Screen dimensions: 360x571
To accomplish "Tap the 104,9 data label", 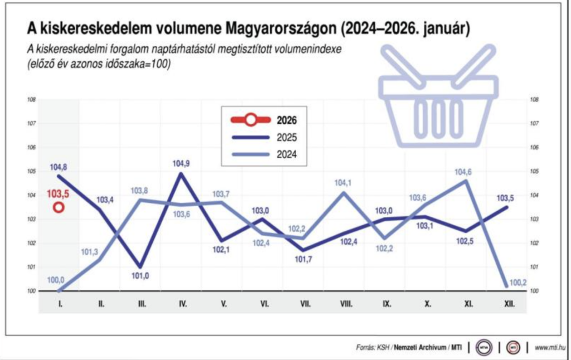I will tap(182, 164).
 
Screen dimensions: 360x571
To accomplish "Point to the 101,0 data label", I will tap(140, 275).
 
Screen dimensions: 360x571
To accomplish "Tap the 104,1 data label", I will tap(343, 183).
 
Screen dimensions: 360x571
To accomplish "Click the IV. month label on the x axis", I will tap(182, 304).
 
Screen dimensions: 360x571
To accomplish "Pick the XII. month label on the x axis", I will tap(509, 304).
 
